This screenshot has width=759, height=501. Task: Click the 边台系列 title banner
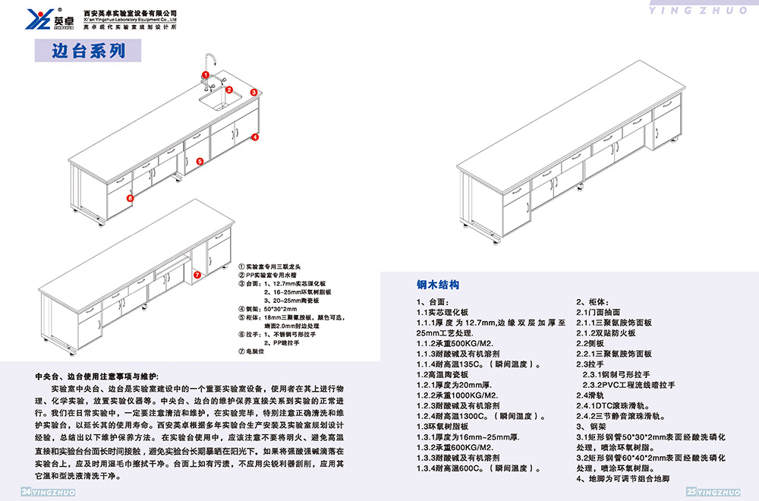(88, 51)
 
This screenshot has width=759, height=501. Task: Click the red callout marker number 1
(206, 74)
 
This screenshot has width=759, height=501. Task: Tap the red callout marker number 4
(256, 137)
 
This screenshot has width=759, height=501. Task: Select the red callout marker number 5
(199, 161)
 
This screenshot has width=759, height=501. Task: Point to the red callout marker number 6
(130, 198)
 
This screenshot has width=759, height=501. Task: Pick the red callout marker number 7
(197, 274)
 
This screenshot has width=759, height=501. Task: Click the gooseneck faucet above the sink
(213, 65)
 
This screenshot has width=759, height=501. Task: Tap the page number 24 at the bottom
(26, 493)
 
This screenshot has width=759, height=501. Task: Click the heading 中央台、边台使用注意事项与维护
(96, 377)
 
